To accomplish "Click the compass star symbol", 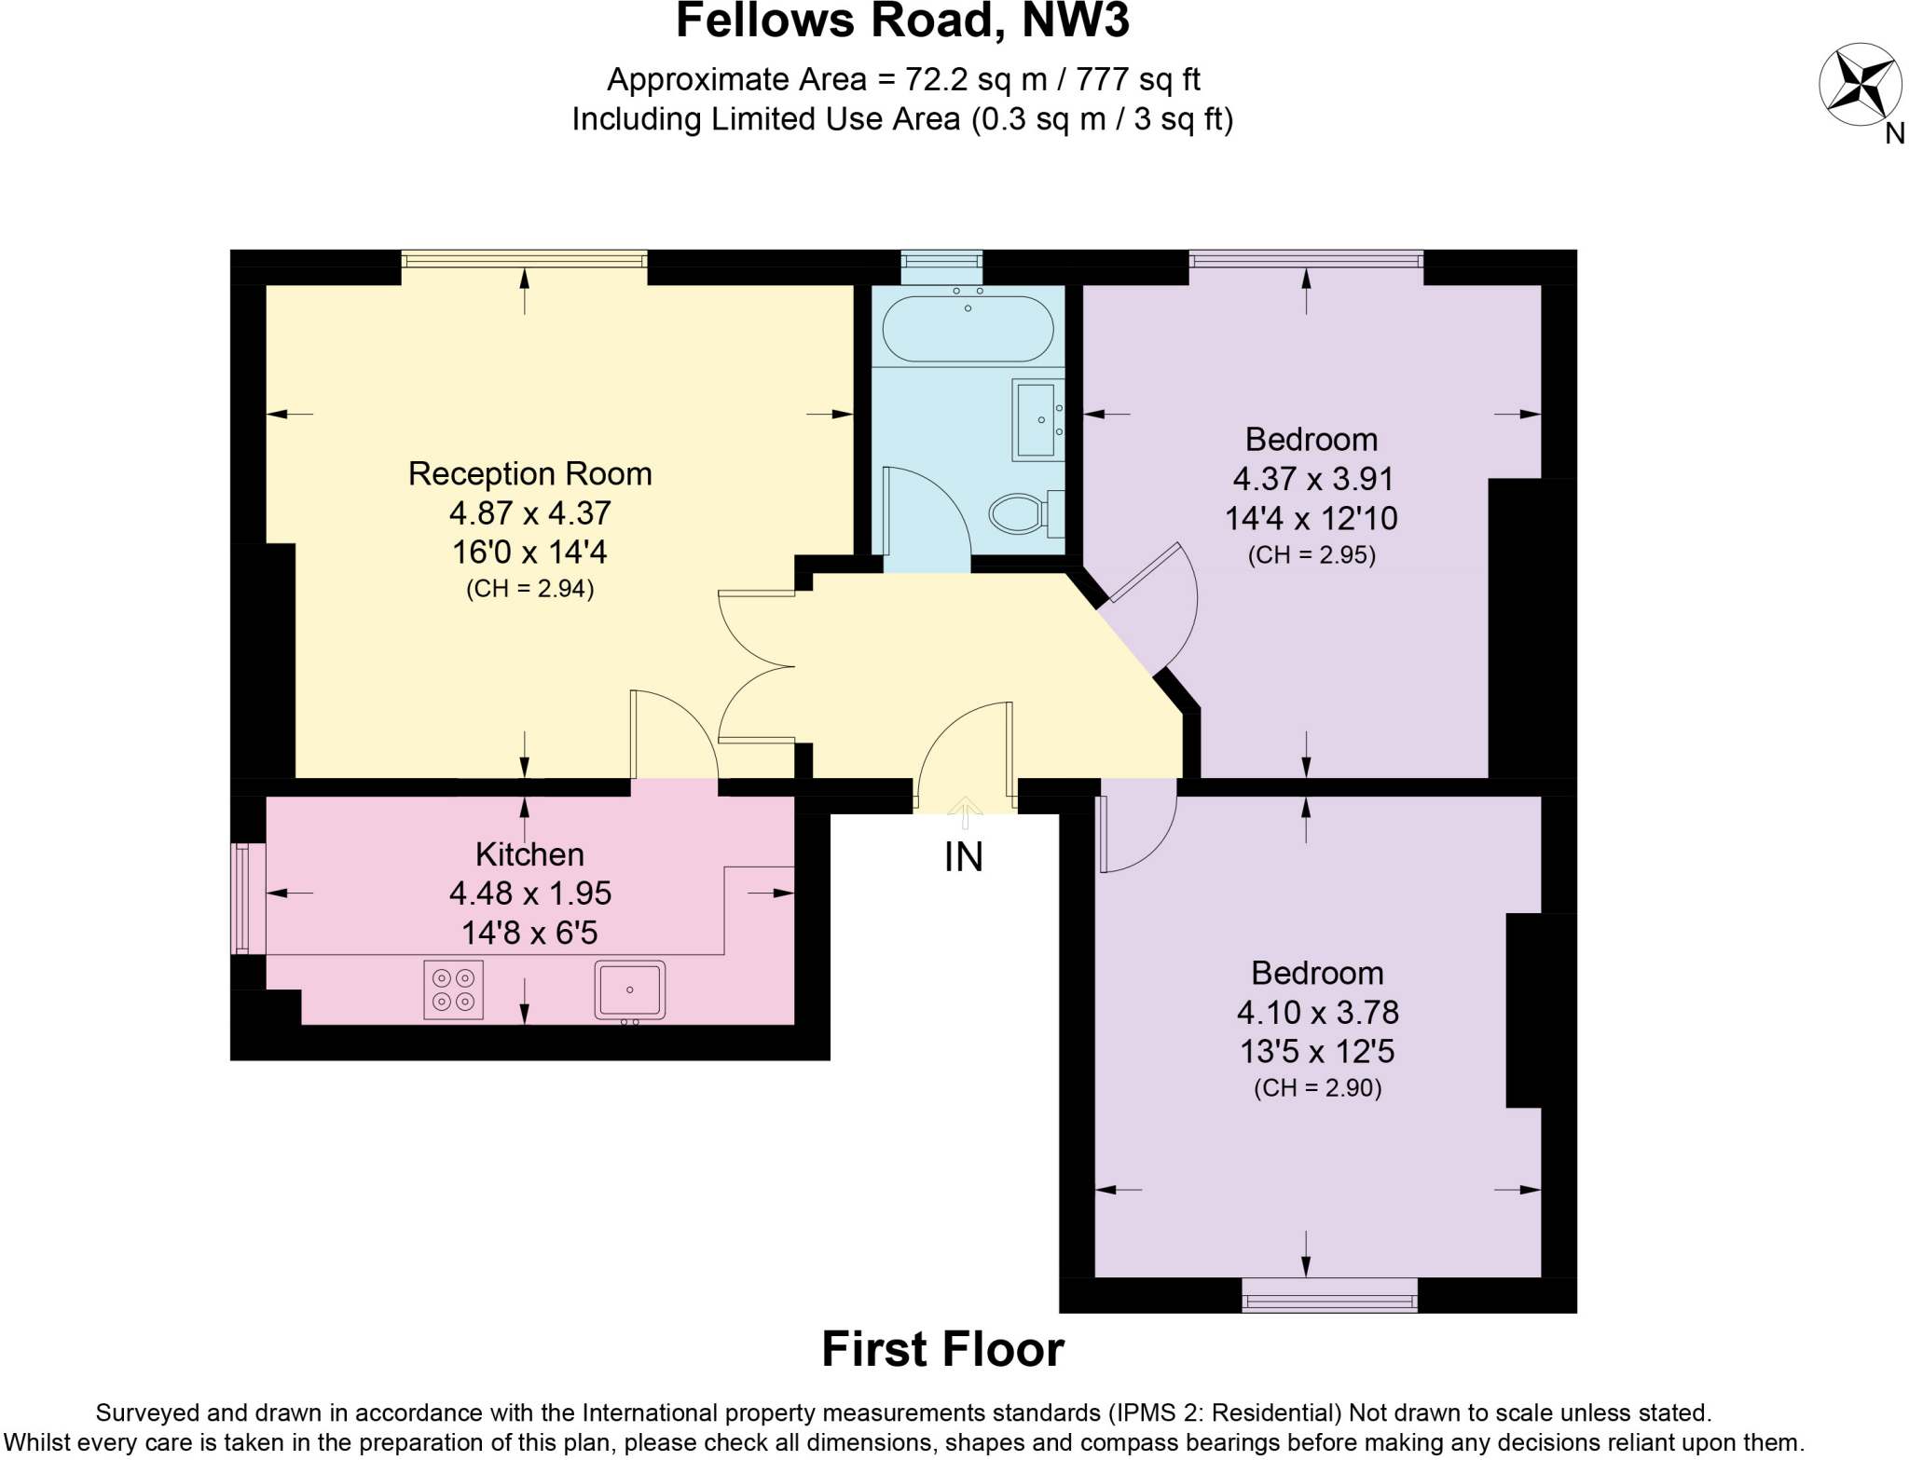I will pyautogui.click(x=1860, y=85).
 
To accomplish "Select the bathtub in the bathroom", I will pyautogui.click(x=968, y=329).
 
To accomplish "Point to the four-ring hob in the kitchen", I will pyautogui.click(x=453, y=989).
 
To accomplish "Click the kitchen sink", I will pyautogui.click(x=630, y=989).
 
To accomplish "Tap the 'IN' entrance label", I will pyautogui.click(x=963, y=857).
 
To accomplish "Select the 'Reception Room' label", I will pyautogui.click(x=529, y=473).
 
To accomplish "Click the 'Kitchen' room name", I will pyautogui.click(x=529, y=853).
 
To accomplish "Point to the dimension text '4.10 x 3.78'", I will pyautogui.click(x=1317, y=1012).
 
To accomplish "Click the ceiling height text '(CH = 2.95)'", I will pyautogui.click(x=1312, y=555).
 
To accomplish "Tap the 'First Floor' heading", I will pyautogui.click(x=942, y=1349).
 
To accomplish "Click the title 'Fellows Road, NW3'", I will pyautogui.click(x=902, y=21).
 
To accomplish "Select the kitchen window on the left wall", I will pyautogui.click(x=241, y=898).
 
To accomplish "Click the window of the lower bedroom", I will pyautogui.click(x=1329, y=1296).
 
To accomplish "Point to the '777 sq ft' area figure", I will pyautogui.click(x=1137, y=80).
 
